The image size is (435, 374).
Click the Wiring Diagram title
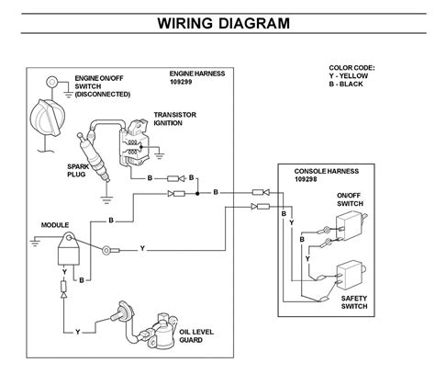217,20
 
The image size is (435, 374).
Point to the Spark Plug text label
80,172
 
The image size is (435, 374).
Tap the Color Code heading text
352,68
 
